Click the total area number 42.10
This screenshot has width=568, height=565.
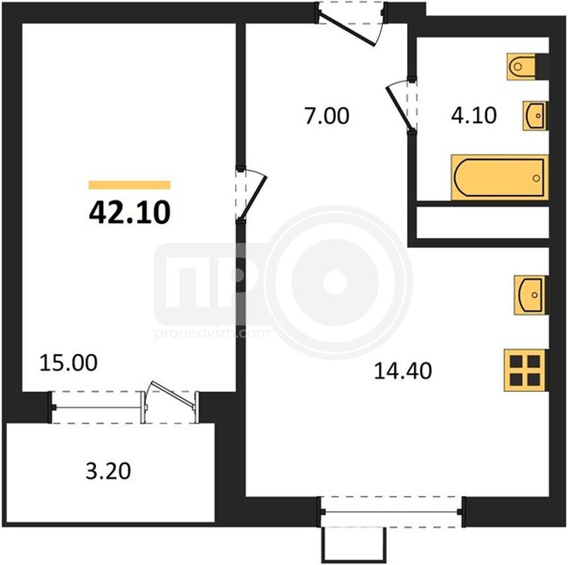point(129,213)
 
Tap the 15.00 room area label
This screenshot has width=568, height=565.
point(68,362)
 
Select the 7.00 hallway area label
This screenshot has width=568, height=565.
point(327,116)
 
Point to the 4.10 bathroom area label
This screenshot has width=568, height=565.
point(474,116)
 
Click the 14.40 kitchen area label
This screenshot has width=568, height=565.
point(403,371)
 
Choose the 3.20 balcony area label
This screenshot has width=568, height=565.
point(109,472)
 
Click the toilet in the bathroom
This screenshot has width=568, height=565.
point(521,66)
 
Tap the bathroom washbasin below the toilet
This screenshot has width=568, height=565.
point(535,116)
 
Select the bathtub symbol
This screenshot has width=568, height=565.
point(500,178)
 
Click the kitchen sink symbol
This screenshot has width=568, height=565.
point(531,295)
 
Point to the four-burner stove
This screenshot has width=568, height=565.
point(525,370)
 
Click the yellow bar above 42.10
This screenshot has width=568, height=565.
point(129,185)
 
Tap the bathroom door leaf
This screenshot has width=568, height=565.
point(399,108)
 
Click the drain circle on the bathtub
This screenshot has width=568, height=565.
point(536,178)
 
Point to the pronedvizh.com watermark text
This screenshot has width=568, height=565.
point(212,333)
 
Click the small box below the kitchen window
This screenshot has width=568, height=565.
point(354,545)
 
